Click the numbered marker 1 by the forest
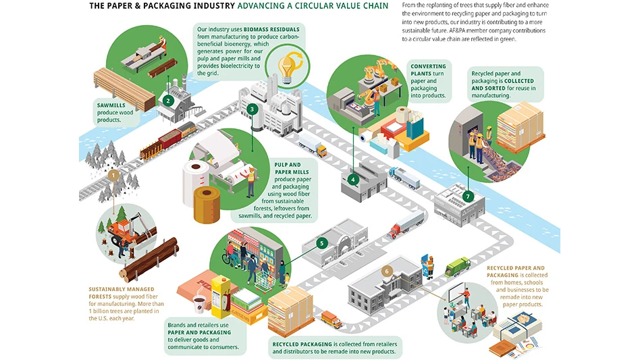pos(114,175)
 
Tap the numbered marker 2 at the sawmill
pos(168,100)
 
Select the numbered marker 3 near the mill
pos(252,109)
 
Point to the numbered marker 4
pos(353,180)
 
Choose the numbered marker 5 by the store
pos(322,242)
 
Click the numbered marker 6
pos(386,271)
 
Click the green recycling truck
pos(457,267)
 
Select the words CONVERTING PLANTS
pos(427,70)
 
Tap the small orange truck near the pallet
pos(331,318)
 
